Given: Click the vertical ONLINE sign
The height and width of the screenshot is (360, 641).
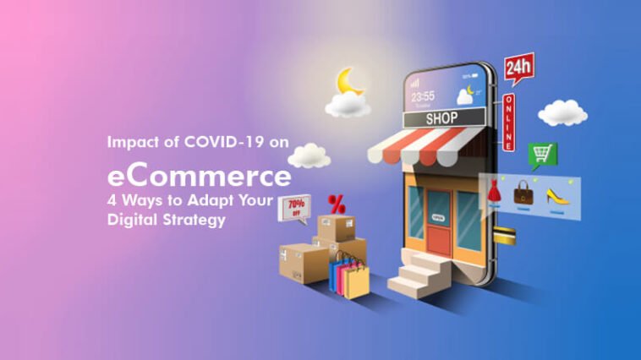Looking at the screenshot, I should (509, 123).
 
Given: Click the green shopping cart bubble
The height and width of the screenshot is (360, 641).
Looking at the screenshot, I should (542, 155).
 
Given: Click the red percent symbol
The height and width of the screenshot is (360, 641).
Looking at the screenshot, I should (337, 204).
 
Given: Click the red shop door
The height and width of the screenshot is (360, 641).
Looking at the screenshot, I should (439, 221).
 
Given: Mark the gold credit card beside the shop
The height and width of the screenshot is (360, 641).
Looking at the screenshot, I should (505, 237).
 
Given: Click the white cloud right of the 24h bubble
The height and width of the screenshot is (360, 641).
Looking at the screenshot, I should (563, 112).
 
